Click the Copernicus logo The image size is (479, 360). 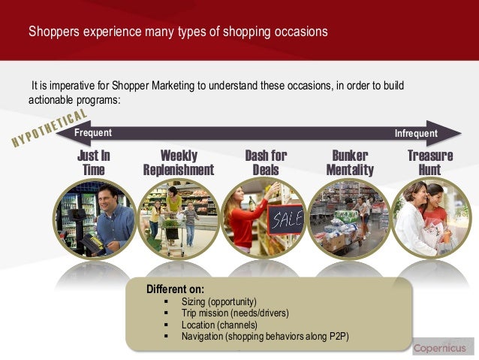(442, 348)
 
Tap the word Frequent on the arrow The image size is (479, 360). (93, 133)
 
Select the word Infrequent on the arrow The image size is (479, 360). (415, 133)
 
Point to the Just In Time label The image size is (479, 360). (93, 162)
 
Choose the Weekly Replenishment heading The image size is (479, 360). (179, 162)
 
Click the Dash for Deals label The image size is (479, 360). (266, 162)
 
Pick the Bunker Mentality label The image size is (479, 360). (350, 162)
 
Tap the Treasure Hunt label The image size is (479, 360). (430, 162)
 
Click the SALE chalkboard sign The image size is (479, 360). (285, 219)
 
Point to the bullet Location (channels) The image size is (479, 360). (219, 324)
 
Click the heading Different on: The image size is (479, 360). (175, 288)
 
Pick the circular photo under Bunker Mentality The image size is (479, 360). (350, 218)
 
